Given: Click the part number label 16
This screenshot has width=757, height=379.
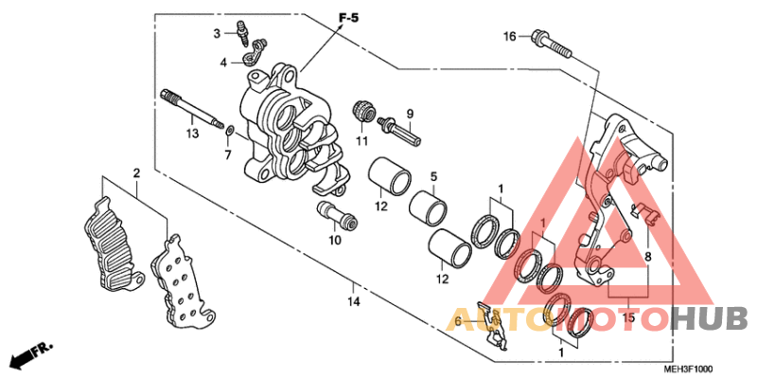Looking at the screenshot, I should pyautogui.click(x=509, y=37).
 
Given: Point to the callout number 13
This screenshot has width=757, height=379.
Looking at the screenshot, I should pyautogui.click(x=192, y=134).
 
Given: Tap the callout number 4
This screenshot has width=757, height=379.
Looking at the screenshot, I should pyautogui.click(x=223, y=63).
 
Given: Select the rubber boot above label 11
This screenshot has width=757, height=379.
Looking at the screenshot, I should pyautogui.click(x=361, y=111).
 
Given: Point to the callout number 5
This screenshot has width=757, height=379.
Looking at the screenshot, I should pyautogui.click(x=432, y=176).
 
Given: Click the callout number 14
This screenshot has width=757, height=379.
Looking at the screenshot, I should pyautogui.click(x=353, y=302).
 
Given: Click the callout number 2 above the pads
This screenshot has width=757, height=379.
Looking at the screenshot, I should pyautogui.click(x=136, y=173).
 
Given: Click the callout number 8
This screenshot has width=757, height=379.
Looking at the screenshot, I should pyautogui.click(x=648, y=256).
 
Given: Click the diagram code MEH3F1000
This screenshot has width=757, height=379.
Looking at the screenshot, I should pyautogui.click(x=688, y=370).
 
